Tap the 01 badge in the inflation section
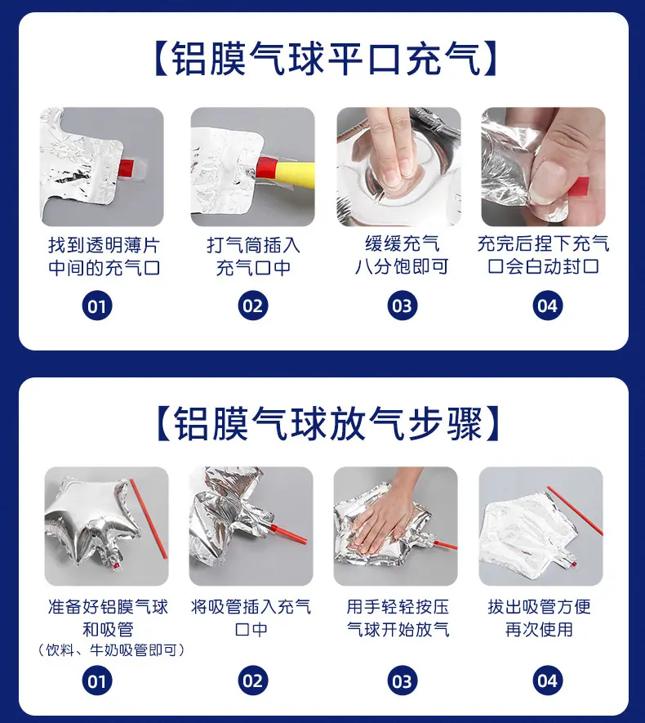[96, 306]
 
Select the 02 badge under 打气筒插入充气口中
[252, 306]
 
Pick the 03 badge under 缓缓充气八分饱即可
[402, 306]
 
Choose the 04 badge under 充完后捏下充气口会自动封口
[547, 306]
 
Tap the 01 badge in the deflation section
[96, 681]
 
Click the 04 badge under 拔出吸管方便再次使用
[547, 681]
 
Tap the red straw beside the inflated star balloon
[149, 518]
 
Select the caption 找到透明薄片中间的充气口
[105, 257]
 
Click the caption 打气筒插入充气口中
[253, 257]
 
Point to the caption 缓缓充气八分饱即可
[402, 256]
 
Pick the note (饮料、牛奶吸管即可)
[110, 650]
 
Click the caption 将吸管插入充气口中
[251, 618]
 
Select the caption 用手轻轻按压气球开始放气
[398, 618]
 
